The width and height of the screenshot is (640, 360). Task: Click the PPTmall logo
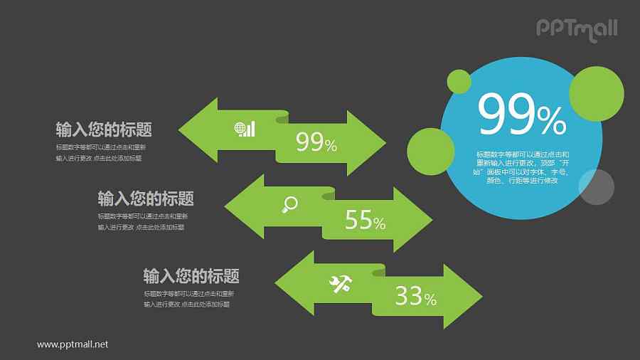point(576,28)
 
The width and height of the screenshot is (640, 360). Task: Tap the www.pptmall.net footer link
point(73,344)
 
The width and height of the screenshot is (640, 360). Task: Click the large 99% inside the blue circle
point(522,116)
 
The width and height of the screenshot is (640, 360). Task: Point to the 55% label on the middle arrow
point(365,221)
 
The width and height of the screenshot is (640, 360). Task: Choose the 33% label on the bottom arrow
point(415,297)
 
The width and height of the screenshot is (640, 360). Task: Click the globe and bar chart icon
point(244,129)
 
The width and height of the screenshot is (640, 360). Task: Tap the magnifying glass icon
point(289,205)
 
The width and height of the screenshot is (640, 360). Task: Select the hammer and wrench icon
point(340,283)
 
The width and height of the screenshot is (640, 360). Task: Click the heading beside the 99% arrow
point(104,129)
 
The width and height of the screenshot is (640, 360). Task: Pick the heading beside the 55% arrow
point(146,198)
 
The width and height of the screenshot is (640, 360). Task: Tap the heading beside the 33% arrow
point(191,276)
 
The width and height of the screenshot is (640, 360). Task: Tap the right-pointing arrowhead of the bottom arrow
point(462,295)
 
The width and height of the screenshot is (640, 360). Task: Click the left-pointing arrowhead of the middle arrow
point(244,206)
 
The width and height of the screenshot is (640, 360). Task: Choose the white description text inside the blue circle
point(521,167)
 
